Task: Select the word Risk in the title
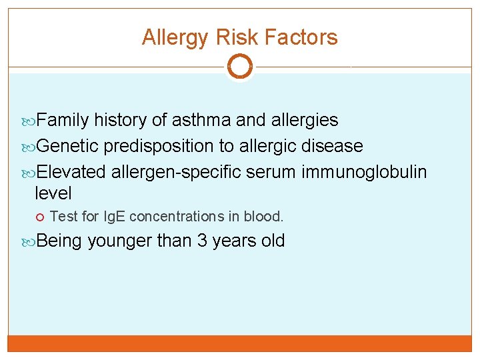pyautogui.click(x=227, y=37)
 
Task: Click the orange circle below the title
pyautogui.click(x=239, y=67)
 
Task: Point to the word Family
pyautogui.click(x=63, y=120)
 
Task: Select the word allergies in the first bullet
pyautogui.click(x=305, y=120)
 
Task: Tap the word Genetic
pyautogui.click(x=67, y=145)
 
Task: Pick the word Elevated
pyautogui.click(x=71, y=172)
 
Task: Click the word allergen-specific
pyautogui.click(x=176, y=172)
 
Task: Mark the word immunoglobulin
pyautogui.click(x=364, y=172)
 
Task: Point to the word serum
pyautogui.click(x=271, y=172)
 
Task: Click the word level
pyautogui.click(x=53, y=194)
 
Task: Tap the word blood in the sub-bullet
pyautogui.click(x=267, y=217)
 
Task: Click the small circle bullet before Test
pyautogui.click(x=41, y=217)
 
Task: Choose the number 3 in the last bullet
pyautogui.click(x=202, y=241)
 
